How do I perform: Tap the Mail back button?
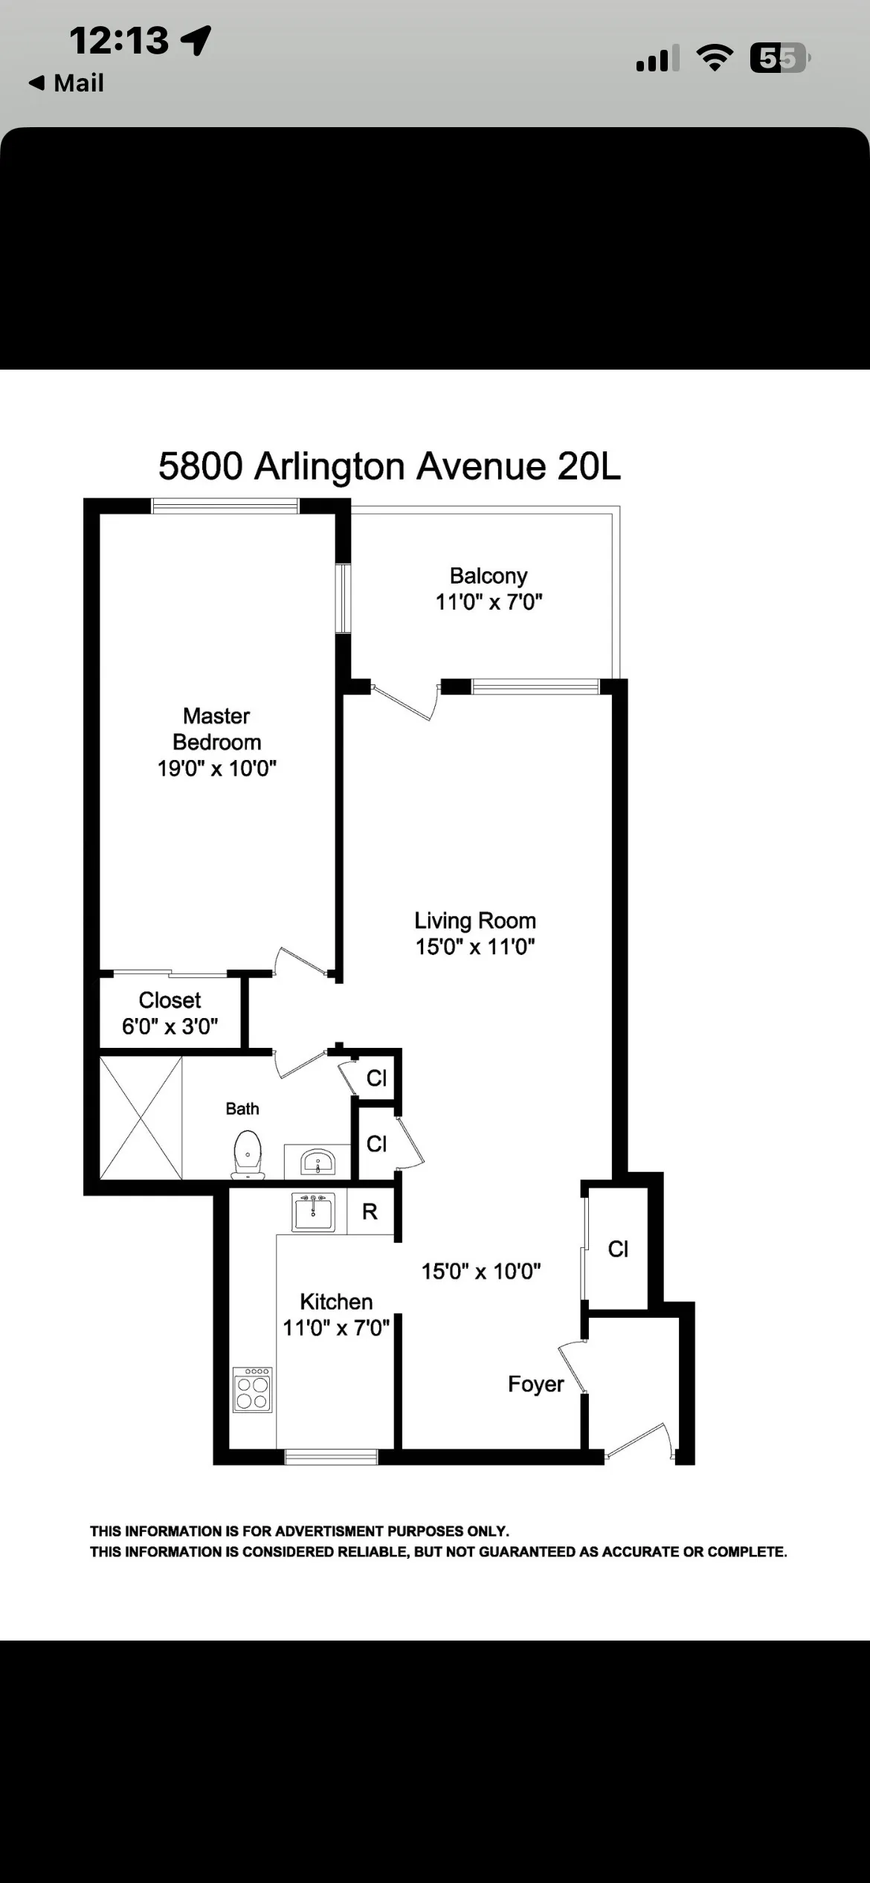[66, 83]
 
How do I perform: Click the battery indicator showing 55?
[779, 58]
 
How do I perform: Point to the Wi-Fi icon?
[714, 58]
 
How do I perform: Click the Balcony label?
[489, 576]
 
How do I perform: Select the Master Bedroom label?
[216, 729]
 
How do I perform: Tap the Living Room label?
[475, 921]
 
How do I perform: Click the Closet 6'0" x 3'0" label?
[170, 1013]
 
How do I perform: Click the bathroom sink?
[318, 1161]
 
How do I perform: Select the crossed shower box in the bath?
[141, 1118]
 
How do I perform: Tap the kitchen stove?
[252, 1389]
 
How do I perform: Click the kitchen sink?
[313, 1213]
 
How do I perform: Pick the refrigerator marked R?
[370, 1212]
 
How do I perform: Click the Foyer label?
[535, 1384]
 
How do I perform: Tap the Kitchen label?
[336, 1301]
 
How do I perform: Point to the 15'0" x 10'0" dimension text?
[481, 1271]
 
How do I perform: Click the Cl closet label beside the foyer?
[618, 1249]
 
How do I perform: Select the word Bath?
[242, 1109]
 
